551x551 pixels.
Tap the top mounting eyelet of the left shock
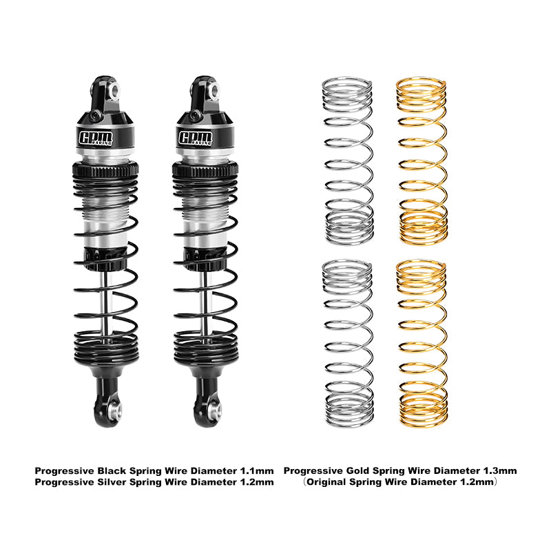pos(112,89)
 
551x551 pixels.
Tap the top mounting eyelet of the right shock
pos(215,89)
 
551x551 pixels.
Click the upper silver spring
pos(348,160)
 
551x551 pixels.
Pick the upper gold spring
pos(421,160)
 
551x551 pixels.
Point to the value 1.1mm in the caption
pos(257,470)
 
